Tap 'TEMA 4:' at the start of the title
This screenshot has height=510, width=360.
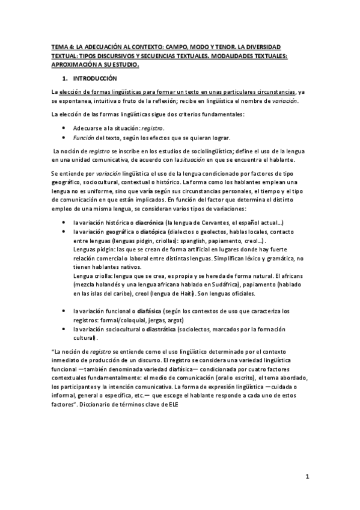tap(61, 46)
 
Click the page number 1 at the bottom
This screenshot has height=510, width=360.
tap(307, 478)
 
